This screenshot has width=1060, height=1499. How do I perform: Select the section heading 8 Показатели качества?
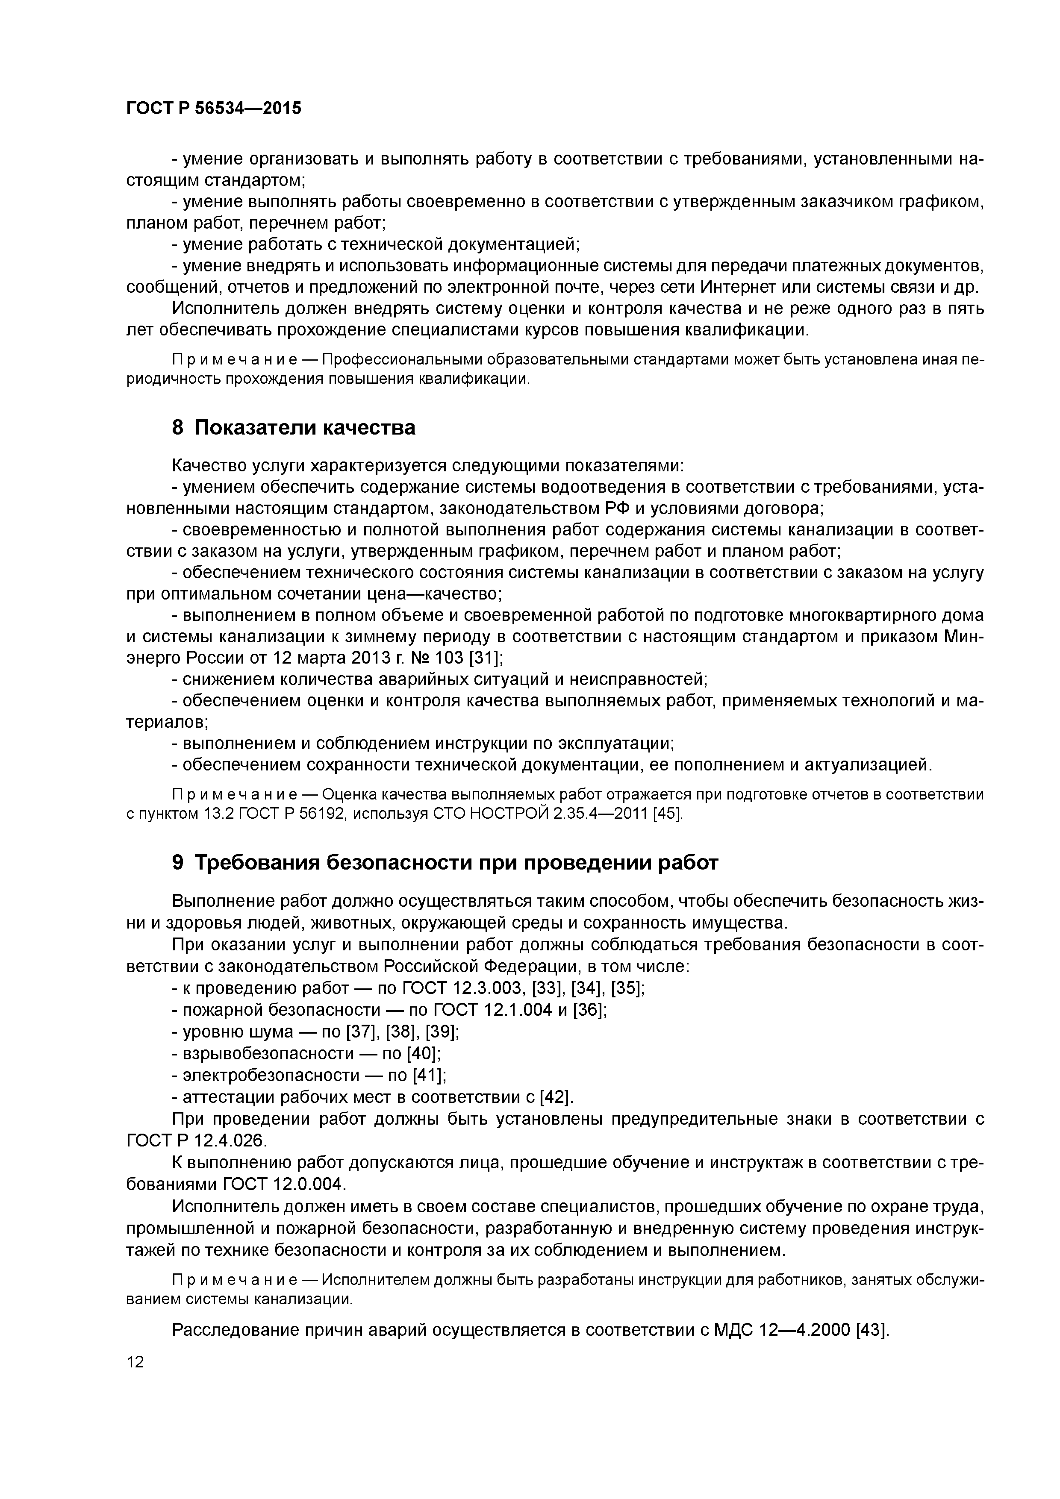coord(293,428)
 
